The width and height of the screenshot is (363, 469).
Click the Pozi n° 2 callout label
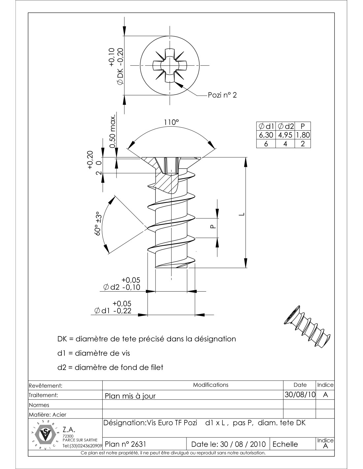click(222, 95)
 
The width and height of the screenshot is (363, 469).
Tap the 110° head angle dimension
click(171, 122)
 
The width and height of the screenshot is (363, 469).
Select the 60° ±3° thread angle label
click(98, 224)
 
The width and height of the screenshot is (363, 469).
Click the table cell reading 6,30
click(266, 135)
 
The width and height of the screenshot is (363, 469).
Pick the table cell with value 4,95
click(285, 135)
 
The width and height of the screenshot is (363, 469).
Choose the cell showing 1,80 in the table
click(303, 135)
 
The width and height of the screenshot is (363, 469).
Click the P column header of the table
click(303, 126)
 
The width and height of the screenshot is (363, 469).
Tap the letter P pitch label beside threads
click(213, 227)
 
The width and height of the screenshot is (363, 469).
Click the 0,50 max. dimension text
click(113, 132)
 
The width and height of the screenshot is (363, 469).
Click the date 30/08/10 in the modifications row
click(300, 394)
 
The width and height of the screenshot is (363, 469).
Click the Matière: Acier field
click(48, 415)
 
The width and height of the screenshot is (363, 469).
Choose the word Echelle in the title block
click(285, 444)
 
